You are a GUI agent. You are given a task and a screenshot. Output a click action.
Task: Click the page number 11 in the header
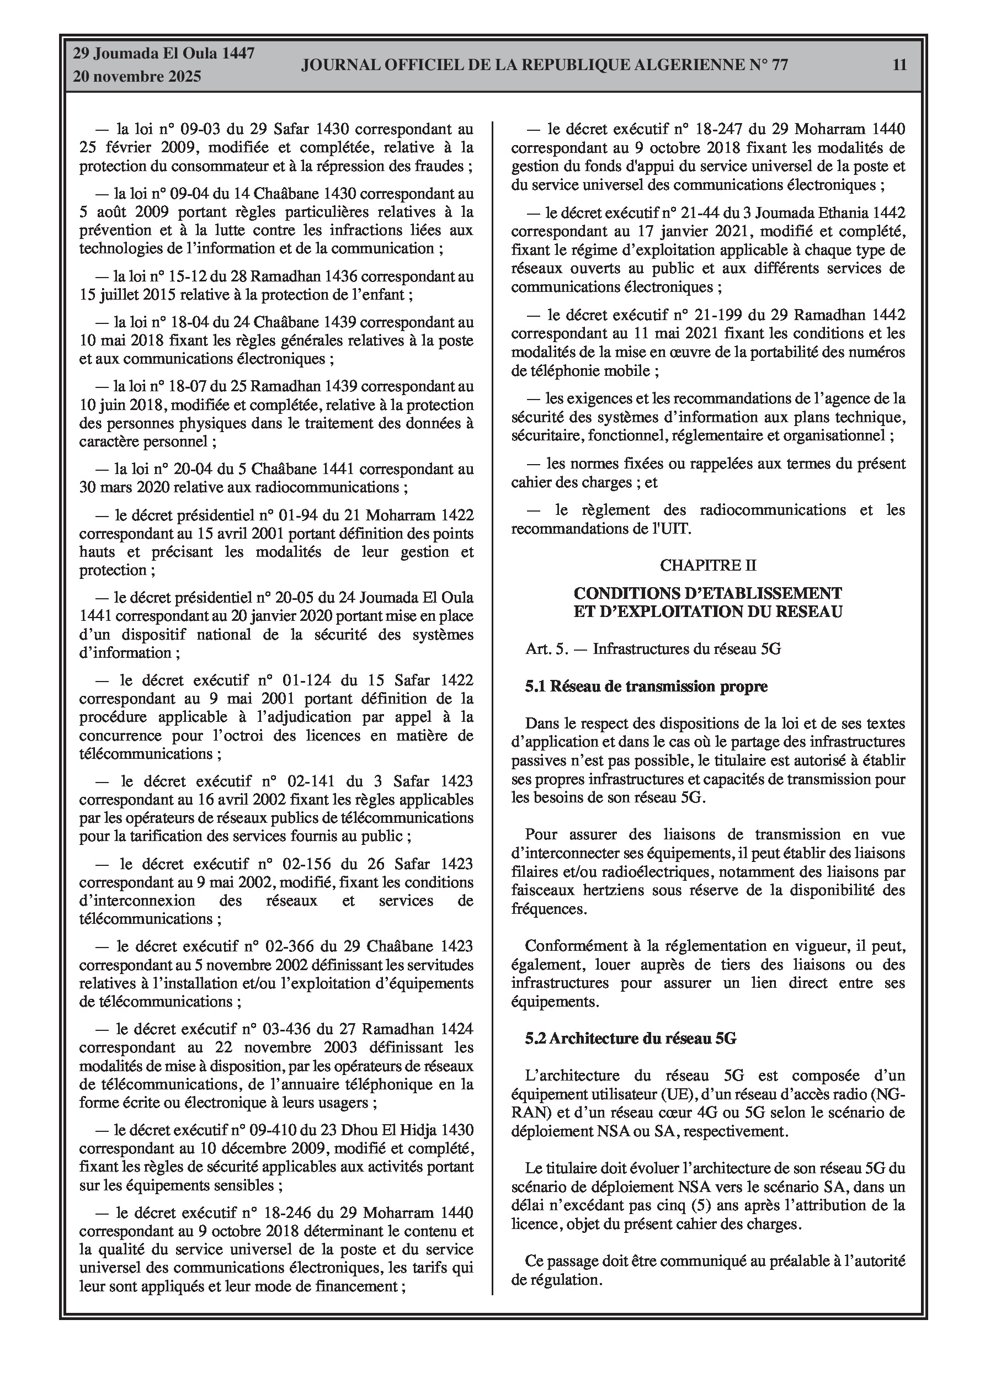point(899,65)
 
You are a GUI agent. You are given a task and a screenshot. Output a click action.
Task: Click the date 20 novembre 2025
point(137,77)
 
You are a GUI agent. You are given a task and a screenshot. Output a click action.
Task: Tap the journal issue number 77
point(779,65)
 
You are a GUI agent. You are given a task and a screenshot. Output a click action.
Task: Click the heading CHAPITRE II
point(708,565)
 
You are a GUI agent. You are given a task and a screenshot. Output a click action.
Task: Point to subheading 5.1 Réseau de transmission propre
point(646,687)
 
